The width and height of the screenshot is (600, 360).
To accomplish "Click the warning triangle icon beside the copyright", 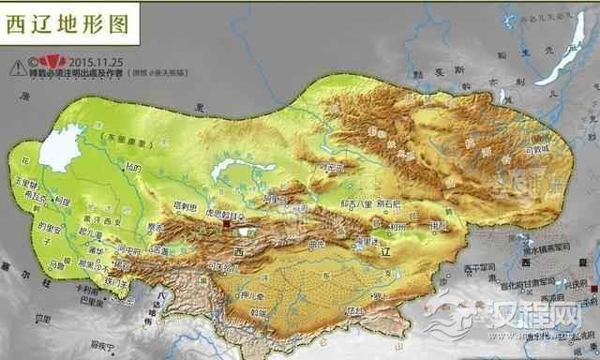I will click(18, 67).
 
